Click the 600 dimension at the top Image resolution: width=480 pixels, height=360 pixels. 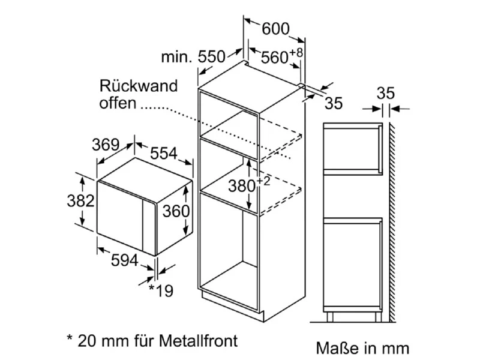(x=275, y=28)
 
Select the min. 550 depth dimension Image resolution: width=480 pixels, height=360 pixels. (x=193, y=57)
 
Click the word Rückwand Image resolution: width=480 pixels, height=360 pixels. (x=139, y=85)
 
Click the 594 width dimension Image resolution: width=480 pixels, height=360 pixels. (x=124, y=260)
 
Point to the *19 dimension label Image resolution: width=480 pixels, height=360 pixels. (x=160, y=290)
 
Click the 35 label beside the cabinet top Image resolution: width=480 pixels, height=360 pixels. (x=334, y=103)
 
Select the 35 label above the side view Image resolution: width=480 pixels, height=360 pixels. (x=386, y=94)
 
